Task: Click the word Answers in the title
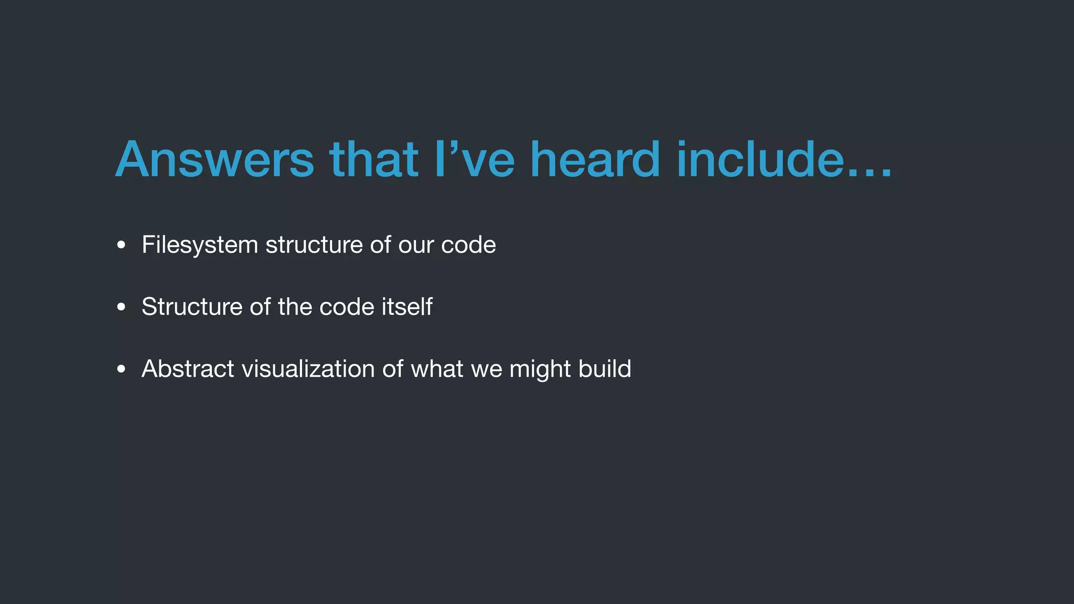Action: pos(214,159)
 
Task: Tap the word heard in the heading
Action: pos(595,159)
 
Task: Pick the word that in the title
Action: pos(373,159)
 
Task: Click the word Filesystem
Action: pos(200,245)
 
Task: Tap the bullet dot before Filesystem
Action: pos(121,245)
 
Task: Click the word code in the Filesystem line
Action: pos(468,245)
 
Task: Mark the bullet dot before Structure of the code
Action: pos(121,307)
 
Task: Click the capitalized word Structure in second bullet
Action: pos(192,307)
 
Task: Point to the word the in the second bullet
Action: pos(295,307)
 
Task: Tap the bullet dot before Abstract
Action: pos(121,369)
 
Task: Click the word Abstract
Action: pos(188,369)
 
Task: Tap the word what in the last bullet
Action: pos(437,369)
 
